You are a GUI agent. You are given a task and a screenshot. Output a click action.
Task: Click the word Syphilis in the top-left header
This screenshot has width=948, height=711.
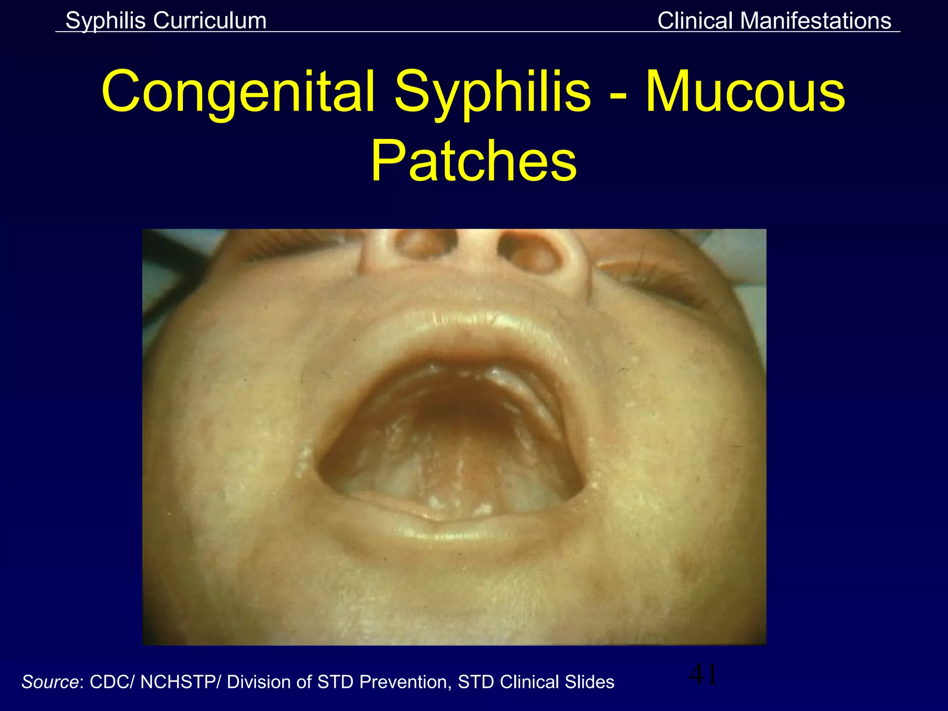[x=105, y=21]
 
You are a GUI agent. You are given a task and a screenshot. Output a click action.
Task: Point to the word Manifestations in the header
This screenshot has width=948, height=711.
[x=816, y=21]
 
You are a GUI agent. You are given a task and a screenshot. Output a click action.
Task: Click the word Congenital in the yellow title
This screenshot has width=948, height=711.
[x=238, y=92]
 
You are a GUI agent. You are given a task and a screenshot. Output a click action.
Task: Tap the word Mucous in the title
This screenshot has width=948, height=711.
[x=745, y=92]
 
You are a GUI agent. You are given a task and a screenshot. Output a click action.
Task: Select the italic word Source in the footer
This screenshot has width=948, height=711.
[x=50, y=682]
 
